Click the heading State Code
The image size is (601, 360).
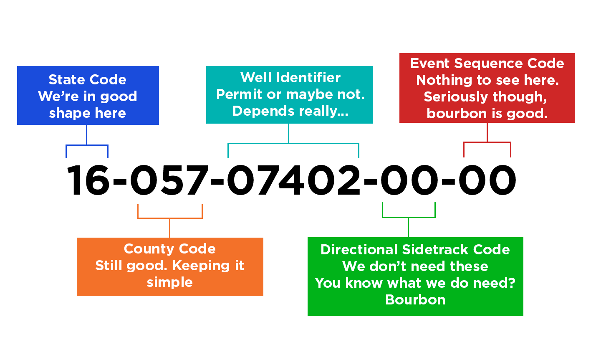pos(87,79)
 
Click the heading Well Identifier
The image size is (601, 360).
pos(290,77)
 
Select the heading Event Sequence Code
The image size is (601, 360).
pos(487,63)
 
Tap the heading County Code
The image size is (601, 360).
pos(169,248)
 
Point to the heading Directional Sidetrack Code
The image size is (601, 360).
pos(415,249)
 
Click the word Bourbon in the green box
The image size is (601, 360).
pos(415,299)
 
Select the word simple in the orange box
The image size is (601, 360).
pos(169,282)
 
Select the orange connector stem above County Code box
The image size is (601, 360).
pos(170,221)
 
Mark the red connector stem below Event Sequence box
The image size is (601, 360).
pos(487,140)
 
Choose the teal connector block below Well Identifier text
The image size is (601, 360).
pos(293,141)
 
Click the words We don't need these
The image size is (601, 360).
pos(415,266)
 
